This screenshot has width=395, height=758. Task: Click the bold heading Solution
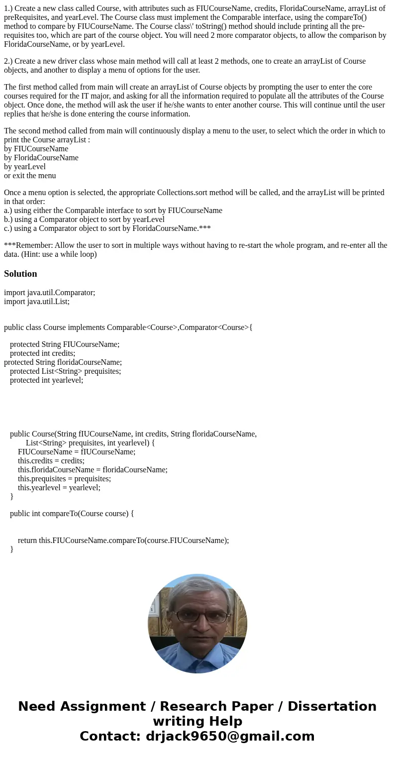point(20,274)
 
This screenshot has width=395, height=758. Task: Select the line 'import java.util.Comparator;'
point(49,292)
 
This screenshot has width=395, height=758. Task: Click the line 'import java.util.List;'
point(37,301)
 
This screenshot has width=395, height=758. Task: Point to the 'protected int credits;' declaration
point(42,353)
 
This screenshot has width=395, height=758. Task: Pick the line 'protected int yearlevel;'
point(46,380)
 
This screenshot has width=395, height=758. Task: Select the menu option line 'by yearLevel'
point(25,166)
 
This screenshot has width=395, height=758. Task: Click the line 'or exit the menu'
point(30,175)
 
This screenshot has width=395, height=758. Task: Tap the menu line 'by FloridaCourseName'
point(41,157)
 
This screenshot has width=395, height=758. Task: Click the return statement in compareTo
point(123,540)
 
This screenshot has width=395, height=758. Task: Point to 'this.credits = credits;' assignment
point(51,460)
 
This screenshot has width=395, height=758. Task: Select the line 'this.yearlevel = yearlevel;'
point(59,487)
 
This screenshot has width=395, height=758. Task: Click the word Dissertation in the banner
point(332,706)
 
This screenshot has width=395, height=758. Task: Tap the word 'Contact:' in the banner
point(110,736)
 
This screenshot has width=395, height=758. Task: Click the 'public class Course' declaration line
point(128,327)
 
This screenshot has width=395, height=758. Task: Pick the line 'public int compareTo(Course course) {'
point(72,513)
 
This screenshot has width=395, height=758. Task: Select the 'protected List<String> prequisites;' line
point(65,371)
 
